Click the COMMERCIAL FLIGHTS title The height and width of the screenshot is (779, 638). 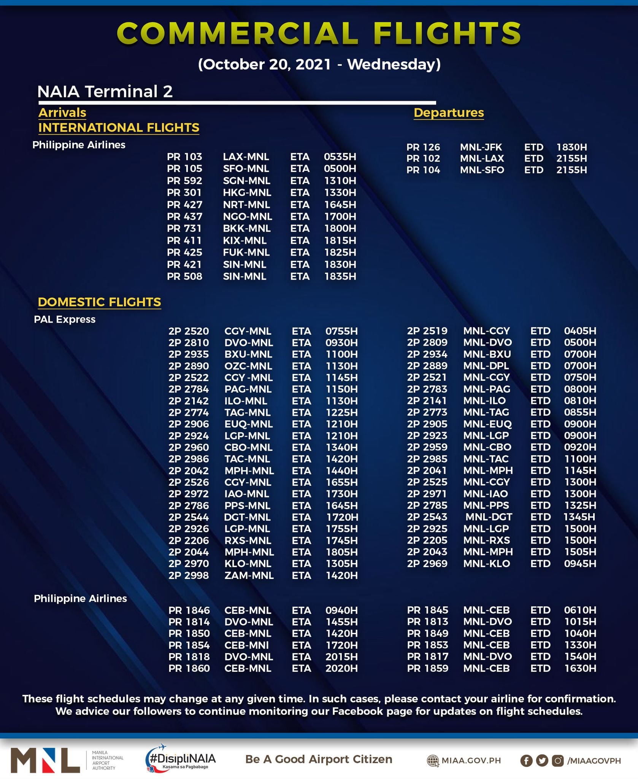click(319, 33)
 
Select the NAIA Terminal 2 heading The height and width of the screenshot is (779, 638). click(105, 92)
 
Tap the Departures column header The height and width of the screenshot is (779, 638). click(449, 113)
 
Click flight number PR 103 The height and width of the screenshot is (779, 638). click(184, 157)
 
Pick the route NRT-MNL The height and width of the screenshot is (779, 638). click(246, 205)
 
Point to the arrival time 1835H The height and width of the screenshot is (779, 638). click(340, 277)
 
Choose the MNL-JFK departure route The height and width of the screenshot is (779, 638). click(481, 147)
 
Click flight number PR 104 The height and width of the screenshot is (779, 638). click(423, 170)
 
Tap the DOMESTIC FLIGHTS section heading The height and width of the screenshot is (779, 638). click(99, 302)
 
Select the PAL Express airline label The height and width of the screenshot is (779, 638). click(65, 320)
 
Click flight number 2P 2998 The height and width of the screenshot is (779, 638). click(189, 576)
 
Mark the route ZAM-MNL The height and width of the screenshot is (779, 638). click(249, 576)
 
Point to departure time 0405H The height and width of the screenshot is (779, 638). click(580, 331)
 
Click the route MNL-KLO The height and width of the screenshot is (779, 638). click(486, 564)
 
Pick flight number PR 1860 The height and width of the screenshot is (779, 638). click(189, 668)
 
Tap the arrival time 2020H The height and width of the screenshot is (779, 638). click(341, 668)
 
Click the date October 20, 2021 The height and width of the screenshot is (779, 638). click(265, 64)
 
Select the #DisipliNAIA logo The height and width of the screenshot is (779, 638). click(181, 759)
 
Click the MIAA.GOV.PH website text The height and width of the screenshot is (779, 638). click(471, 761)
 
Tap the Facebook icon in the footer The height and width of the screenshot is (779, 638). click(526, 761)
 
